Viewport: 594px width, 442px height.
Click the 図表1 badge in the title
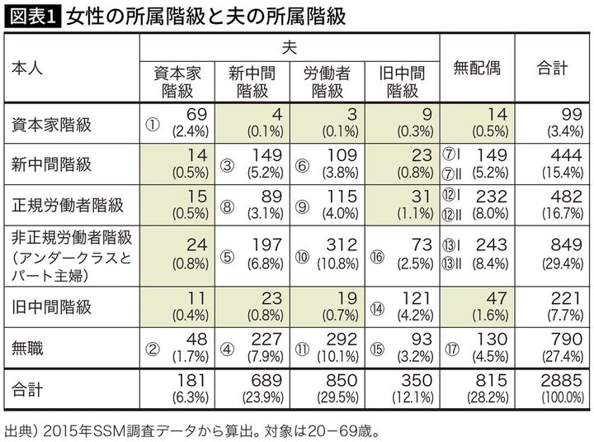[x=31, y=16]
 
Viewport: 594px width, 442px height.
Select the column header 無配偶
[x=477, y=69]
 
